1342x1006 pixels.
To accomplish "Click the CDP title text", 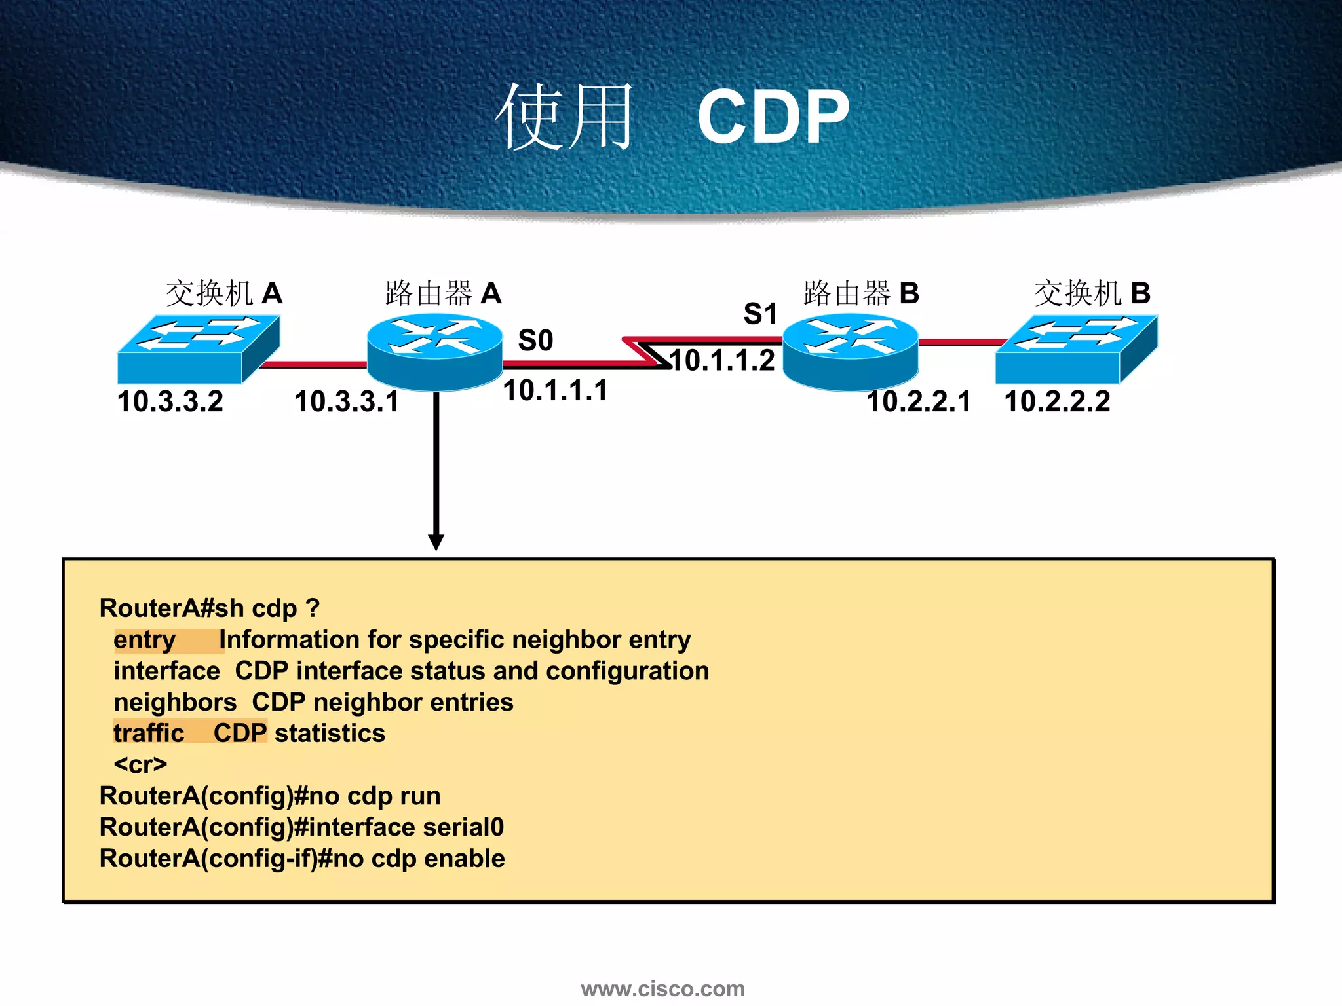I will pos(773,117).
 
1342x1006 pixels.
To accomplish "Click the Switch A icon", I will pos(198,349).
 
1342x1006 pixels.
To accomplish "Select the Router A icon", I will pos(435,352).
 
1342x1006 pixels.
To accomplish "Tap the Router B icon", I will pos(851,352).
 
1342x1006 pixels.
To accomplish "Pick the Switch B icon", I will pos(1075,349).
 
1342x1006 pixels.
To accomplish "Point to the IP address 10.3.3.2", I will pos(170,401).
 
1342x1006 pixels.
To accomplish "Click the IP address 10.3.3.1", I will pos(347,401).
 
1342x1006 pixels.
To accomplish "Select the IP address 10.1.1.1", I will pos(556,390).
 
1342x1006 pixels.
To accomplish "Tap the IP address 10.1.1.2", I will pos(723,361).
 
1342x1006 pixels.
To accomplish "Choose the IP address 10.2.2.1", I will pos(919,401).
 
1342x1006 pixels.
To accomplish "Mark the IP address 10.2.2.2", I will pos(1057,401).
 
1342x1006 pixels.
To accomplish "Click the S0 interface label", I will pos(535,341).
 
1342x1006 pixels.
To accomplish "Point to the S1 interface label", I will pos(760,314).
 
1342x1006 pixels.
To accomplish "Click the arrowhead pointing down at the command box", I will pos(436,542).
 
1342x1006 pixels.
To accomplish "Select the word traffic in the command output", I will pos(149,734).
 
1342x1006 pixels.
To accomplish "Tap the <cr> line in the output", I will pos(140,764).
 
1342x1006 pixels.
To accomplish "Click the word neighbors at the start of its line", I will pos(175,702).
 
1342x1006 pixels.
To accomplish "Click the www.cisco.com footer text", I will pos(662,988).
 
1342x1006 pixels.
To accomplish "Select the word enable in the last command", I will pos(464,859).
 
